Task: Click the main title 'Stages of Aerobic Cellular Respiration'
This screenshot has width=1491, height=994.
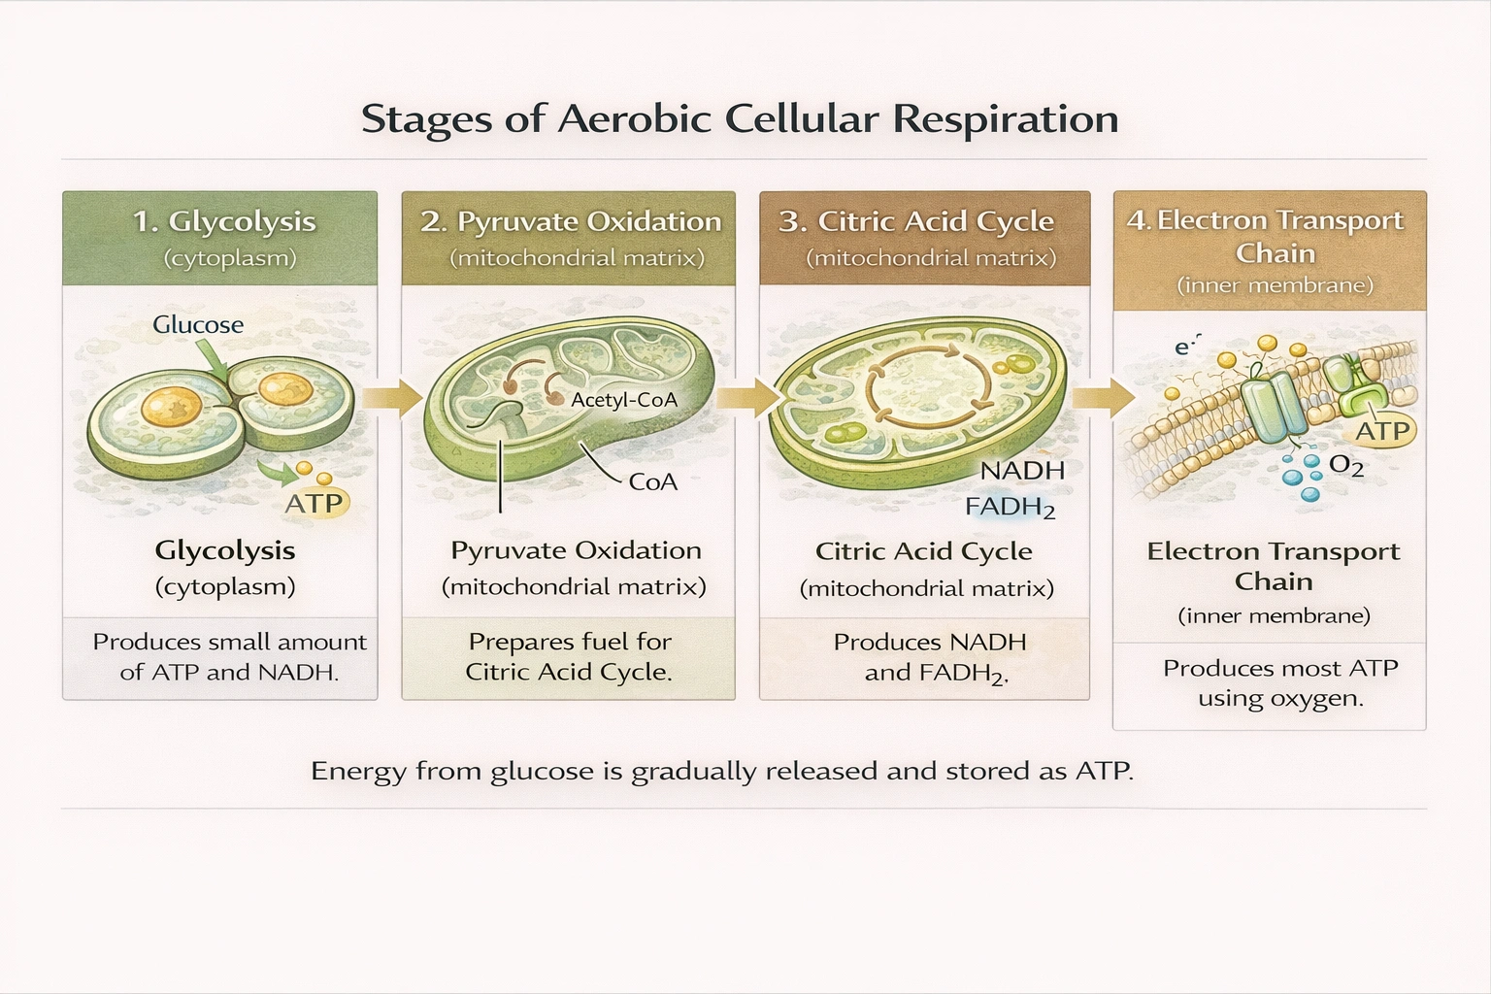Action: tap(740, 119)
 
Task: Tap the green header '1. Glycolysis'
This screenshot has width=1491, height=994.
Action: tap(224, 221)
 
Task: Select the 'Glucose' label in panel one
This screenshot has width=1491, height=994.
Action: tap(198, 324)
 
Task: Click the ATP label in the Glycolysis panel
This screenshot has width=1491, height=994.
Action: tap(314, 503)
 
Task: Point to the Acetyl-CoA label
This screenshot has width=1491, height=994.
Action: tap(623, 400)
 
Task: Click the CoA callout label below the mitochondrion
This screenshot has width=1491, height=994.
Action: tap(652, 481)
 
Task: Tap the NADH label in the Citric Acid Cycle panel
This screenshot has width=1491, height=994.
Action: tap(1022, 471)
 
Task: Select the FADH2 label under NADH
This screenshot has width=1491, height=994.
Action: tap(1010, 507)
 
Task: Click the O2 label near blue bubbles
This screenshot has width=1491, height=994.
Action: tap(1345, 466)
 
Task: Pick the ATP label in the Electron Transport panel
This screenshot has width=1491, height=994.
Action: tap(1382, 431)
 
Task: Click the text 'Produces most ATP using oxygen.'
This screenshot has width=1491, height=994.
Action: tap(1279, 683)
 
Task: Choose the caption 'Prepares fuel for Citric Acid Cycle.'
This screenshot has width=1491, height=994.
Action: tap(569, 657)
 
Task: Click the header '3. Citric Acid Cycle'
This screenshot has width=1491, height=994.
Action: tap(916, 221)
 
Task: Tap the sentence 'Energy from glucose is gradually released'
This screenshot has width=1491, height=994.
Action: tap(721, 772)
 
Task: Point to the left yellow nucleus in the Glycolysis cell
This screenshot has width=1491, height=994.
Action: tap(172, 406)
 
